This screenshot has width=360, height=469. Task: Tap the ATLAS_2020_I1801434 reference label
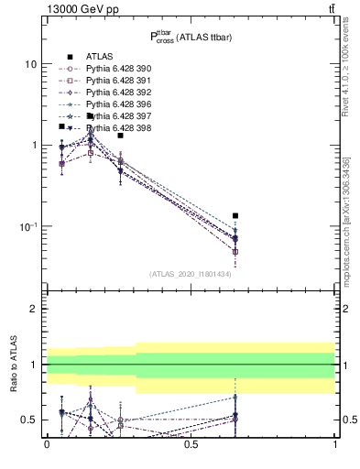pos(190,274)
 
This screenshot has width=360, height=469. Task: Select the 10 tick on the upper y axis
pos(29,64)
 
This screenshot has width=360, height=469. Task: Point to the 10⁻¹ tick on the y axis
pos(27,226)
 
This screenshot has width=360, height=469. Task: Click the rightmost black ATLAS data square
pos(235,216)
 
